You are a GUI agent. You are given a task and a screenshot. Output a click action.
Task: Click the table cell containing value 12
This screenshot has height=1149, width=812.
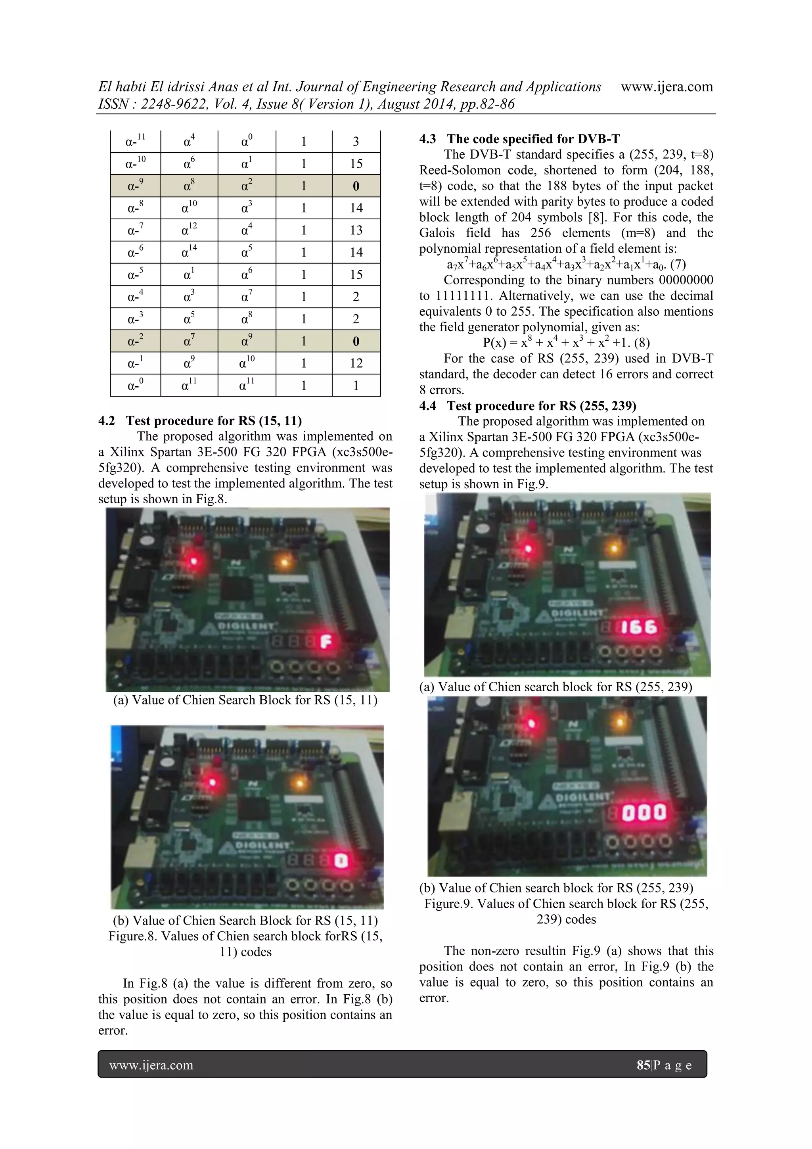pyautogui.click(x=356, y=363)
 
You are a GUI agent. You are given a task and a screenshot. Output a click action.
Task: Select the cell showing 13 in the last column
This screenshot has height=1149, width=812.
pyautogui.click(x=356, y=230)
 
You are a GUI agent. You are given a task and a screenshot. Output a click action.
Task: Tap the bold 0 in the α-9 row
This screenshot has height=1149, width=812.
pyautogui.click(x=356, y=186)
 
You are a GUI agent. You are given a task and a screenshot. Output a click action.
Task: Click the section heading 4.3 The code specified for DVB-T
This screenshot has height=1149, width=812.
pyautogui.click(x=519, y=139)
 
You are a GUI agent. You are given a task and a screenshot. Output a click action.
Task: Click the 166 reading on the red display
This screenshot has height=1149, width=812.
pyautogui.click(x=638, y=627)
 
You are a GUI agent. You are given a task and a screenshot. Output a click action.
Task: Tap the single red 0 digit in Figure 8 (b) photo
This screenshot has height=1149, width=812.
pyautogui.click(x=340, y=861)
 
